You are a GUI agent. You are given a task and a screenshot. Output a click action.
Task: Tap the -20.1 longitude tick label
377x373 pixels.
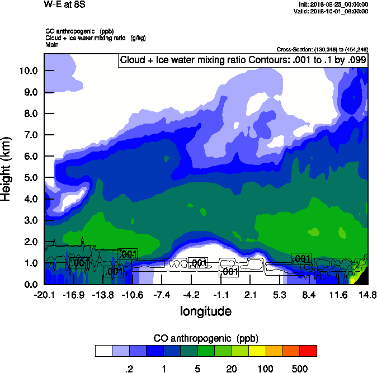click(44, 295)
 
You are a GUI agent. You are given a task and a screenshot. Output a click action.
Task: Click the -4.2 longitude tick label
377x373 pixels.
click(191, 295)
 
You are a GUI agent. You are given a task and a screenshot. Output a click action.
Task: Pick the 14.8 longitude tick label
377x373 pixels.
click(367, 295)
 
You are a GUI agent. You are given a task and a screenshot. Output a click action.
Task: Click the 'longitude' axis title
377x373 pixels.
click(205, 311)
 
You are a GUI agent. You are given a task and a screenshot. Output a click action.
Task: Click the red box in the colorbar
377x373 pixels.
click(308, 351)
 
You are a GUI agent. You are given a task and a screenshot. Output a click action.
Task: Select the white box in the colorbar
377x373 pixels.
click(104, 351)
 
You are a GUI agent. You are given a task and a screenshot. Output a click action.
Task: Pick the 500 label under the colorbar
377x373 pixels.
click(300, 369)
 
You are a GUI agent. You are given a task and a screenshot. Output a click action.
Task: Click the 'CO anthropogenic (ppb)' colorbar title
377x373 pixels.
click(205, 338)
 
